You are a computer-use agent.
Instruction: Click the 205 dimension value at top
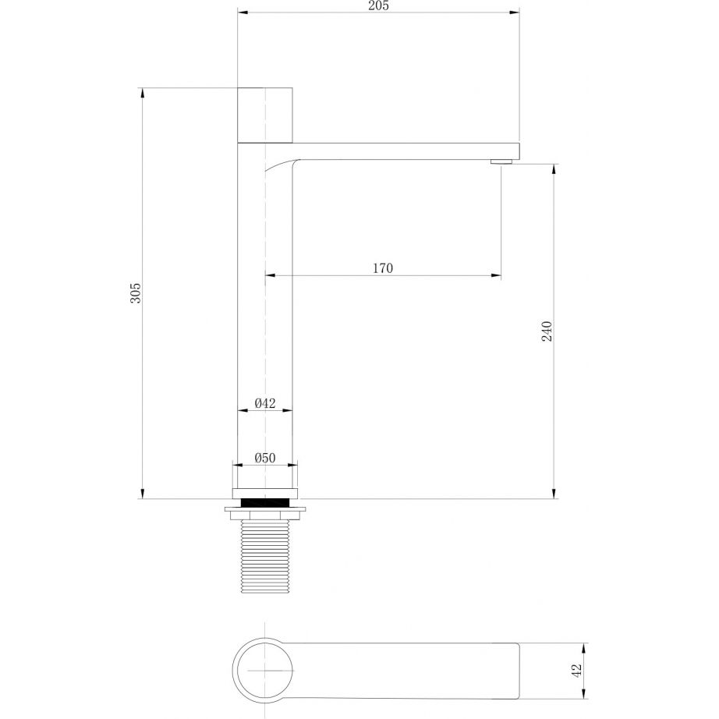378,5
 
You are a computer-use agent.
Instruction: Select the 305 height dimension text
136,293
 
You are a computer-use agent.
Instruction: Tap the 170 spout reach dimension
382,268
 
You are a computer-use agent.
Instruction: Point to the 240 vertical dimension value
547,331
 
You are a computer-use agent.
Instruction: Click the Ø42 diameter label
265,403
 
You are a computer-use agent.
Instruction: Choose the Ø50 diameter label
265,458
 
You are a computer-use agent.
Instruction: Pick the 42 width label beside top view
577,670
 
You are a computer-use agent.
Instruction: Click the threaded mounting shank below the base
265,557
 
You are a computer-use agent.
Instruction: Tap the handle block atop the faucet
265,115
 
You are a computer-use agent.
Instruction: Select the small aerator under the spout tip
501,161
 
